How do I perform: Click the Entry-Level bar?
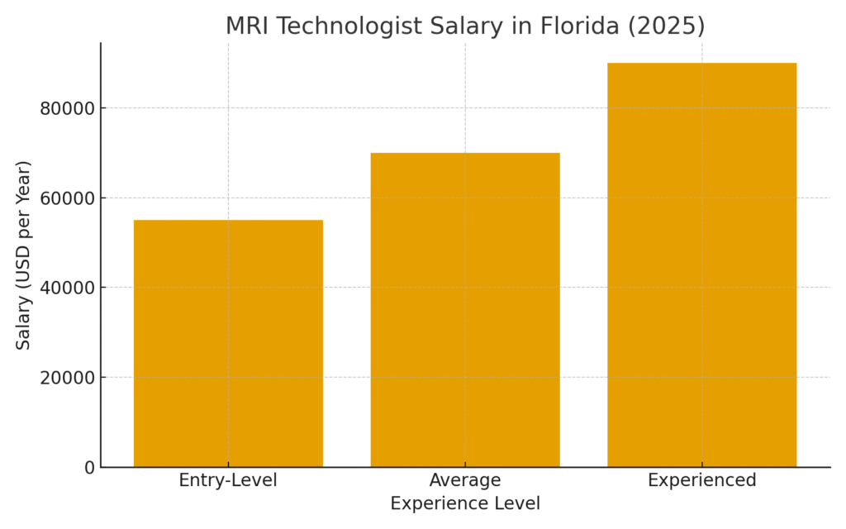coord(228,343)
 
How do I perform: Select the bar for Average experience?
coord(465,310)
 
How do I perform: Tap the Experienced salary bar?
coord(702,264)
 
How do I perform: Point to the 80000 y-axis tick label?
coord(69,108)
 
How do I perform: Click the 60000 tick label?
coord(69,198)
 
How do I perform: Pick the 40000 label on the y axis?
coord(69,288)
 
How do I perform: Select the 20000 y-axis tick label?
coord(69,378)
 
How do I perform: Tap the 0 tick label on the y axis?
coord(89,468)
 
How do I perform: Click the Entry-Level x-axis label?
coord(228,480)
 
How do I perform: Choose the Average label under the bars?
coord(465,480)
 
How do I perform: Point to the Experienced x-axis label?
coord(702,480)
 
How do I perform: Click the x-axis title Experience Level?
coord(465,503)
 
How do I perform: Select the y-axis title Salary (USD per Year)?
coord(23,255)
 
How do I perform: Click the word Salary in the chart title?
coord(456,26)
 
